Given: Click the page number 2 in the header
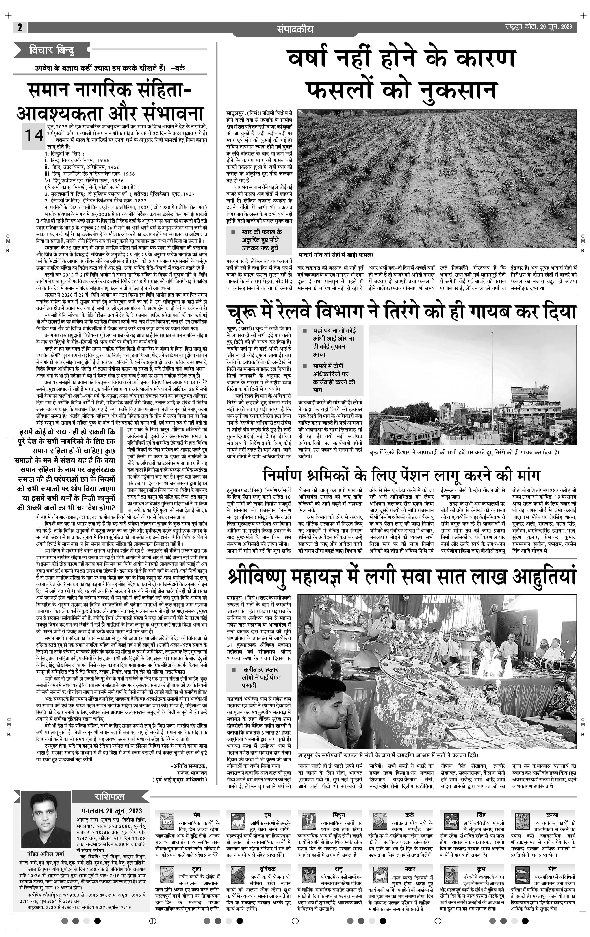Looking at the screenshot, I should [x=19, y=27].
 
